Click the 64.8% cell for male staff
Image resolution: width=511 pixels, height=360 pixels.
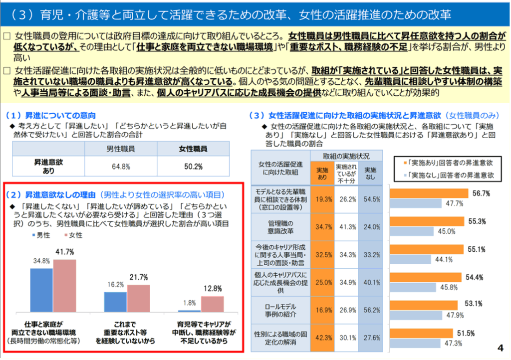(120, 166)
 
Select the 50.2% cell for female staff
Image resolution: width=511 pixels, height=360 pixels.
(193, 166)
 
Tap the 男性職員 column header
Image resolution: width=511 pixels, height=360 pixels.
(120, 149)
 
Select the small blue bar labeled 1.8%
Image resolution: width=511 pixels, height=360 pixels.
(190, 310)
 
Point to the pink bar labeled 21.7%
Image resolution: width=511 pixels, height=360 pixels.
(138, 298)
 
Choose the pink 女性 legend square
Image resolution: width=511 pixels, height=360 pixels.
(65, 235)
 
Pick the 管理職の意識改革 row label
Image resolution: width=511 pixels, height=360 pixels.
(280, 226)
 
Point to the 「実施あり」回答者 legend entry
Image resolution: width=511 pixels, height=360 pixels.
(447, 162)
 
